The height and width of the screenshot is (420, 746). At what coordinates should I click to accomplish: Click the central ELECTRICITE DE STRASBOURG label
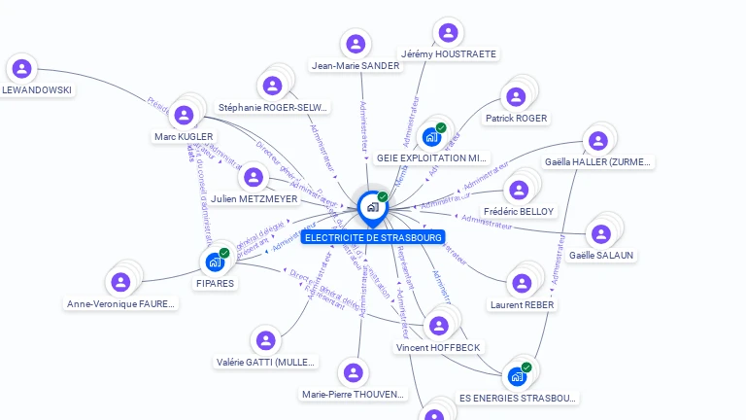(x=373, y=237)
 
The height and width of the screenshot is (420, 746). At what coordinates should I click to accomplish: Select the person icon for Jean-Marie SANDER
(x=356, y=44)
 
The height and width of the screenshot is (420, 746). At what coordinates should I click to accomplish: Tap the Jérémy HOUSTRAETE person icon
(x=448, y=31)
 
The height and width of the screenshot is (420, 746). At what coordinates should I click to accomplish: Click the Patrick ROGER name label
(x=517, y=119)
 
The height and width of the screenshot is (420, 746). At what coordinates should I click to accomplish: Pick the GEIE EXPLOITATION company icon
(x=433, y=136)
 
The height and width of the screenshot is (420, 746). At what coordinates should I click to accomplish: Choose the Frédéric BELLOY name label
(x=518, y=211)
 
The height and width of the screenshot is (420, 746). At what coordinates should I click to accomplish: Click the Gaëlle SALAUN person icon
(x=601, y=233)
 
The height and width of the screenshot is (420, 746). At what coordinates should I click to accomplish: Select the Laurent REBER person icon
(x=522, y=283)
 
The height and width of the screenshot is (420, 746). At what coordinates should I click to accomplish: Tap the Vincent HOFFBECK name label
(x=438, y=347)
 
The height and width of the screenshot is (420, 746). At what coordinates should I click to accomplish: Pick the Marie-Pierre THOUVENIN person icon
(x=353, y=372)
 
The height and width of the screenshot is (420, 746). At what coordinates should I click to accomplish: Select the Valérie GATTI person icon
(x=264, y=340)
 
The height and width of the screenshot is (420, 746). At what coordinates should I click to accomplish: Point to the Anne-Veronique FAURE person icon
(x=120, y=282)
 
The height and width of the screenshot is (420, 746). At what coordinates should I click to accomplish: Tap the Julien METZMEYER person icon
(x=254, y=177)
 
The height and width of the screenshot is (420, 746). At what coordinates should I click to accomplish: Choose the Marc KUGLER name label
(x=184, y=137)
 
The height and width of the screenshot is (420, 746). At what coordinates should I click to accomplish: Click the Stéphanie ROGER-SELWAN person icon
(x=273, y=86)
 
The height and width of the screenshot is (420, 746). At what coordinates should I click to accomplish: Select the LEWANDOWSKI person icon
(x=22, y=68)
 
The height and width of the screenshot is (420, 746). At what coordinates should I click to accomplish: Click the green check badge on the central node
(x=383, y=197)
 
